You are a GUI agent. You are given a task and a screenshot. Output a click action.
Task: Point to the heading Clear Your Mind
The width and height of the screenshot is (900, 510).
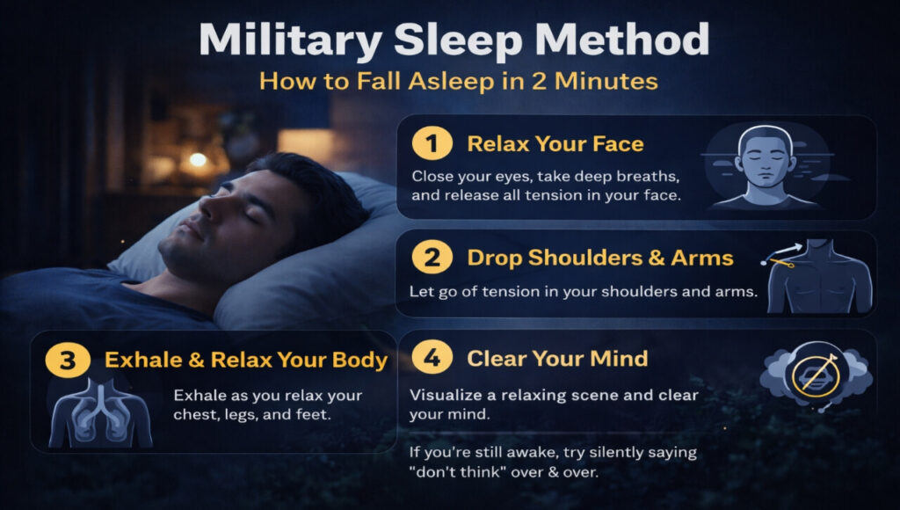557,358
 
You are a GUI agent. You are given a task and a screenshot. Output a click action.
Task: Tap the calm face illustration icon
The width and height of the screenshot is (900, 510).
765,167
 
